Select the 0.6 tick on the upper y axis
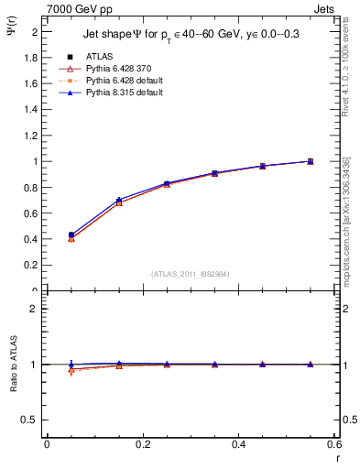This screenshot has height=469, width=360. click(32, 213)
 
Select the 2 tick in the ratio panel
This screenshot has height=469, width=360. click(35, 309)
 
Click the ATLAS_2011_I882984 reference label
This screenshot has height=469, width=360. click(190, 274)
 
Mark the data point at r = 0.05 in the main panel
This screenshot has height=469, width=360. click(71, 235)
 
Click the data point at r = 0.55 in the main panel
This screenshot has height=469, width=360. click(311, 161)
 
